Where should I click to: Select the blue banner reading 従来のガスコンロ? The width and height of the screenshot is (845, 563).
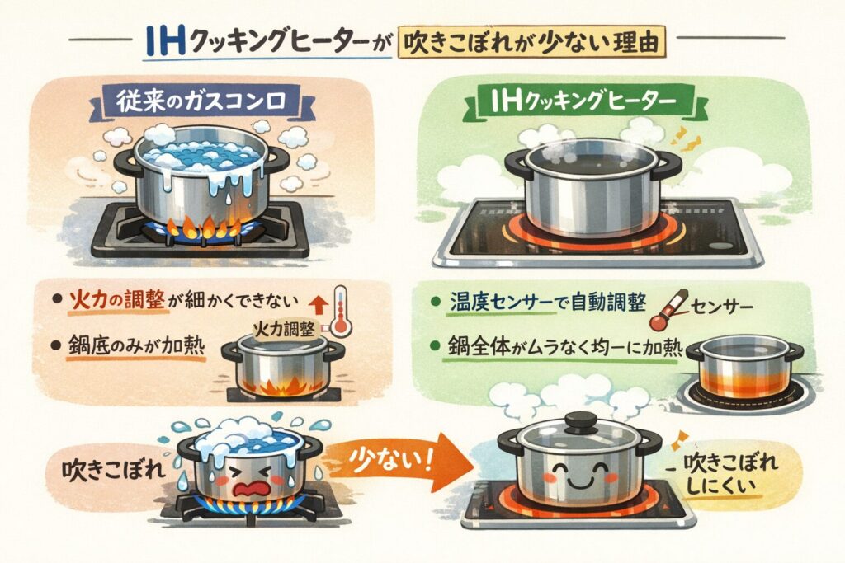coord(201,102)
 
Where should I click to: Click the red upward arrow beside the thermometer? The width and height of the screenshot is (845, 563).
coord(320,305)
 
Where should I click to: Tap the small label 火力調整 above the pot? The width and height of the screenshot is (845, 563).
coord(284,329)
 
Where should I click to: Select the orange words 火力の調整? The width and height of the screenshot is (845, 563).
coord(116,299)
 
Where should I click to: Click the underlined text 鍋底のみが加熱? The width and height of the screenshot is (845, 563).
coord(136,345)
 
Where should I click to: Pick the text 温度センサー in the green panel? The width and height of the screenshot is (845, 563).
coord(501,303)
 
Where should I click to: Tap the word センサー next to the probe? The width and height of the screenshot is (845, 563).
coord(721,307)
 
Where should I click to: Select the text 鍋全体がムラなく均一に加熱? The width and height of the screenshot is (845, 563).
coord(565,348)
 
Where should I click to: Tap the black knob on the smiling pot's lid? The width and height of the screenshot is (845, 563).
coord(579,420)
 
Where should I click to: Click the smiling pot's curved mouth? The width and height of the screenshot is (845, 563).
coord(578,481)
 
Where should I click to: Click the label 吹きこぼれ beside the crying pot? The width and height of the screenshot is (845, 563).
coord(113,471)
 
